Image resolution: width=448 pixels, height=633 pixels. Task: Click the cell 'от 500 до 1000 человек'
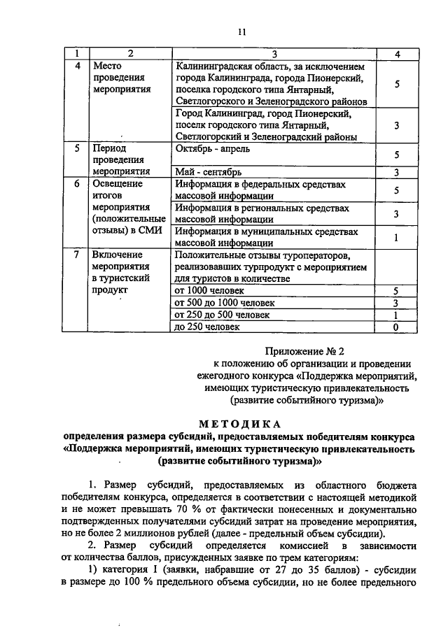tap(225, 303)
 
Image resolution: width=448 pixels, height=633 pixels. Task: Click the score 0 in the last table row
tap(396, 327)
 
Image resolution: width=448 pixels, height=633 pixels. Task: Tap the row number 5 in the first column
tap(77, 148)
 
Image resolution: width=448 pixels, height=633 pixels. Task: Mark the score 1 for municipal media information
tap(396, 237)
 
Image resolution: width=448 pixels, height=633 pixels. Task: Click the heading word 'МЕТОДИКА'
tap(239, 424)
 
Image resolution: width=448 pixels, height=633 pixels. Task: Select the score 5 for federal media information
tap(396, 190)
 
